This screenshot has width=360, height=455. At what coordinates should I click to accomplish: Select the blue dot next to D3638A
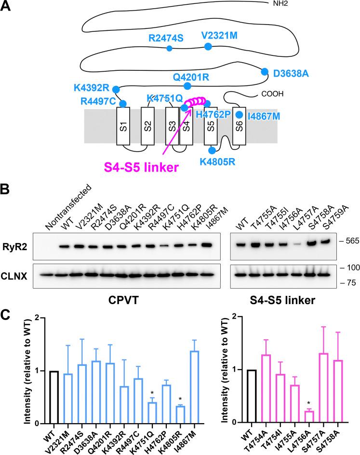(x=265, y=72)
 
